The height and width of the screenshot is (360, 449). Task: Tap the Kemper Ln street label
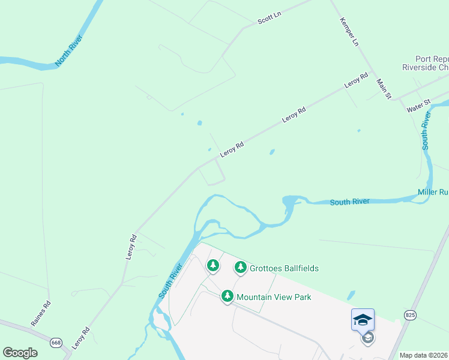349,31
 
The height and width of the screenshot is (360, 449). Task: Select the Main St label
384,88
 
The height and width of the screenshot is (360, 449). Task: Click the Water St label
418,106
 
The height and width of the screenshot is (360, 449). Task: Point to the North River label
68,50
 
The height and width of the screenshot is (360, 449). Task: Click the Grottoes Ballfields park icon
241,267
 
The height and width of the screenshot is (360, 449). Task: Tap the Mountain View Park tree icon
227,296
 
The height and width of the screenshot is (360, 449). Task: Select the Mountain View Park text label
274,297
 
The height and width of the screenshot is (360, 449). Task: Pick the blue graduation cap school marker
363,319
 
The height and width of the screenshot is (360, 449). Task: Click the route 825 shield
410,314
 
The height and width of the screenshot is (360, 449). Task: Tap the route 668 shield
56,343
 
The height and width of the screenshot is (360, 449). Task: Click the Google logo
20,353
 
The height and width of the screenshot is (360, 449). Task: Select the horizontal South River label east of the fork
349,202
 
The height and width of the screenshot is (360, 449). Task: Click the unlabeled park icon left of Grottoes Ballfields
212,265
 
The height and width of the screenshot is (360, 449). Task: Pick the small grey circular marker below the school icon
367,338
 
